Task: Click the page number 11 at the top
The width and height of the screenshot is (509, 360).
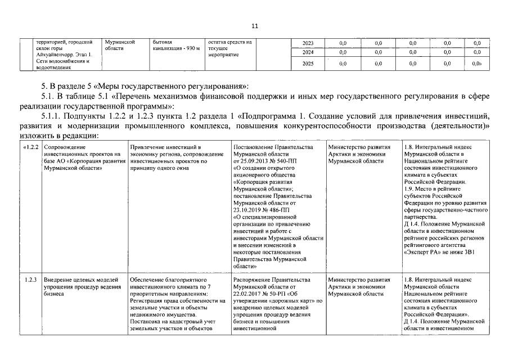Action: tap(254, 26)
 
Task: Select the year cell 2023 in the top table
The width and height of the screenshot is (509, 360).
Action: tap(308, 43)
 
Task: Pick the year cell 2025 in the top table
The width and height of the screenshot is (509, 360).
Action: tap(308, 64)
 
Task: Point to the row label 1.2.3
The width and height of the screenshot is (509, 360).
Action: tap(31, 280)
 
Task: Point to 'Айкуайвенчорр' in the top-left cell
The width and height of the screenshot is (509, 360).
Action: tap(55, 55)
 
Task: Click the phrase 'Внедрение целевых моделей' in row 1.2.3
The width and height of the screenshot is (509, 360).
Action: tap(80, 280)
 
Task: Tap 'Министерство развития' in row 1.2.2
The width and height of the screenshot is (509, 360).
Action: tap(359, 147)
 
